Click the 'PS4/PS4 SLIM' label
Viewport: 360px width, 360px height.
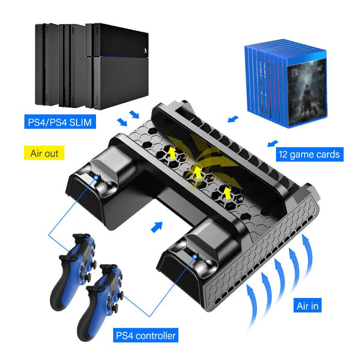(x=60, y=122)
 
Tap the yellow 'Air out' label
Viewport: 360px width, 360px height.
(x=44, y=153)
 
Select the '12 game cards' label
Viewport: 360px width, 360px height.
(x=309, y=154)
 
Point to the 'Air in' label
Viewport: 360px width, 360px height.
(x=307, y=305)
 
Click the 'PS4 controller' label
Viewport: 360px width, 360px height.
(x=146, y=335)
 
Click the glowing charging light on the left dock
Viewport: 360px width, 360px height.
(x=97, y=177)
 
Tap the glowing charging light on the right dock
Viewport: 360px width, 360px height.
(x=195, y=256)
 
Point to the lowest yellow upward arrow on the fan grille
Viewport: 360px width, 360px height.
(x=227, y=193)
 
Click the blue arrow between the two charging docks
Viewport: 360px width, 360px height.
(x=157, y=227)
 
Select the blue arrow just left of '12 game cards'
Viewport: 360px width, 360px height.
(x=273, y=143)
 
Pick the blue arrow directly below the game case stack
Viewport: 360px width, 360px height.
(x=233, y=119)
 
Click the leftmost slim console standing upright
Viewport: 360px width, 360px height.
(x=47, y=65)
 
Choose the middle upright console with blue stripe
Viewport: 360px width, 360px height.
(x=72, y=65)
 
